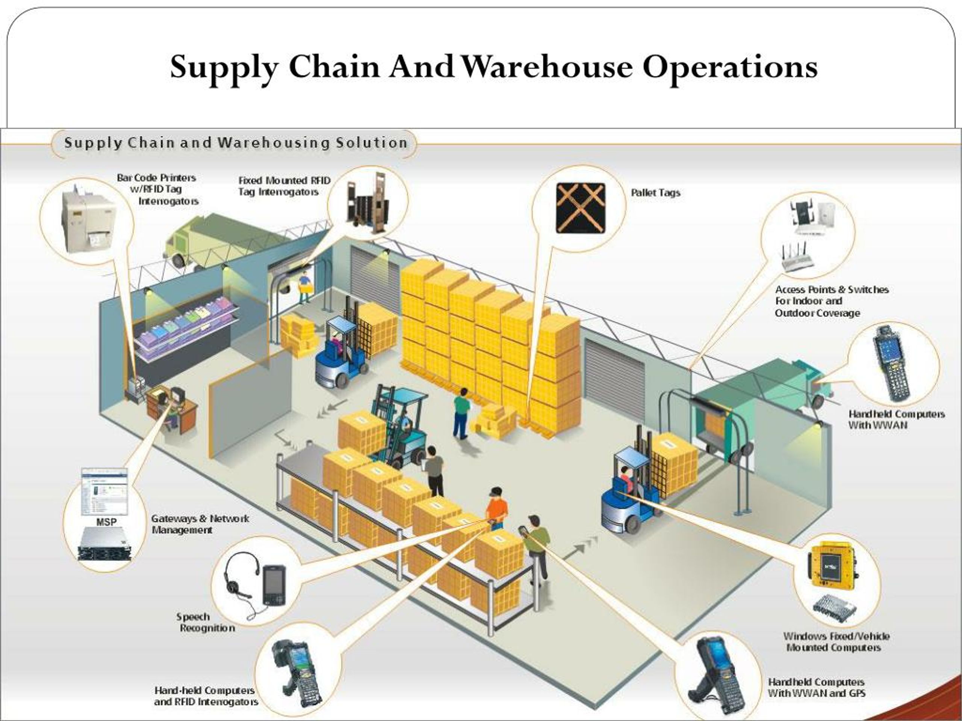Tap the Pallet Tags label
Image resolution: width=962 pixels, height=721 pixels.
[x=655, y=193]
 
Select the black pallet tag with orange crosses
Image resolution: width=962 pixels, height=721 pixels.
[x=581, y=208]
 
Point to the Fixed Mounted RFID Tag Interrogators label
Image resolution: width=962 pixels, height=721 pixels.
[x=284, y=186]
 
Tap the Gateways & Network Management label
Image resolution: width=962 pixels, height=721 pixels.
[x=200, y=524]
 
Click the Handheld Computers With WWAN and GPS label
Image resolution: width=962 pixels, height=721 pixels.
[x=816, y=688]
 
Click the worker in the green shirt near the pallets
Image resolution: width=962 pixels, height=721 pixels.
[x=461, y=412]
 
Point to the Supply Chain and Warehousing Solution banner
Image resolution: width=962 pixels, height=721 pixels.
[x=235, y=143]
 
